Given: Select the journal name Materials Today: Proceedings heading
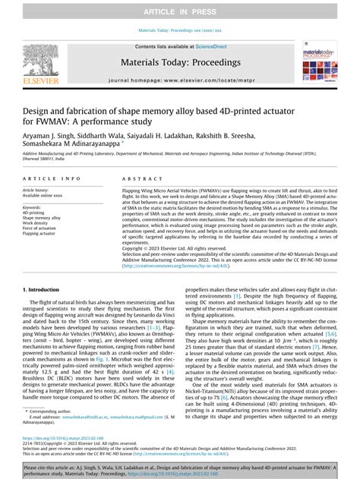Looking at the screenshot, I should [x=180, y=62].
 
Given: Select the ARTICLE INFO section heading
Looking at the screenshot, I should [x=49, y=178].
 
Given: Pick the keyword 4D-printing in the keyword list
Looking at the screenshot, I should [x=35, y=213].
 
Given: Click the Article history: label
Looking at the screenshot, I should [x=39, y=190].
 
